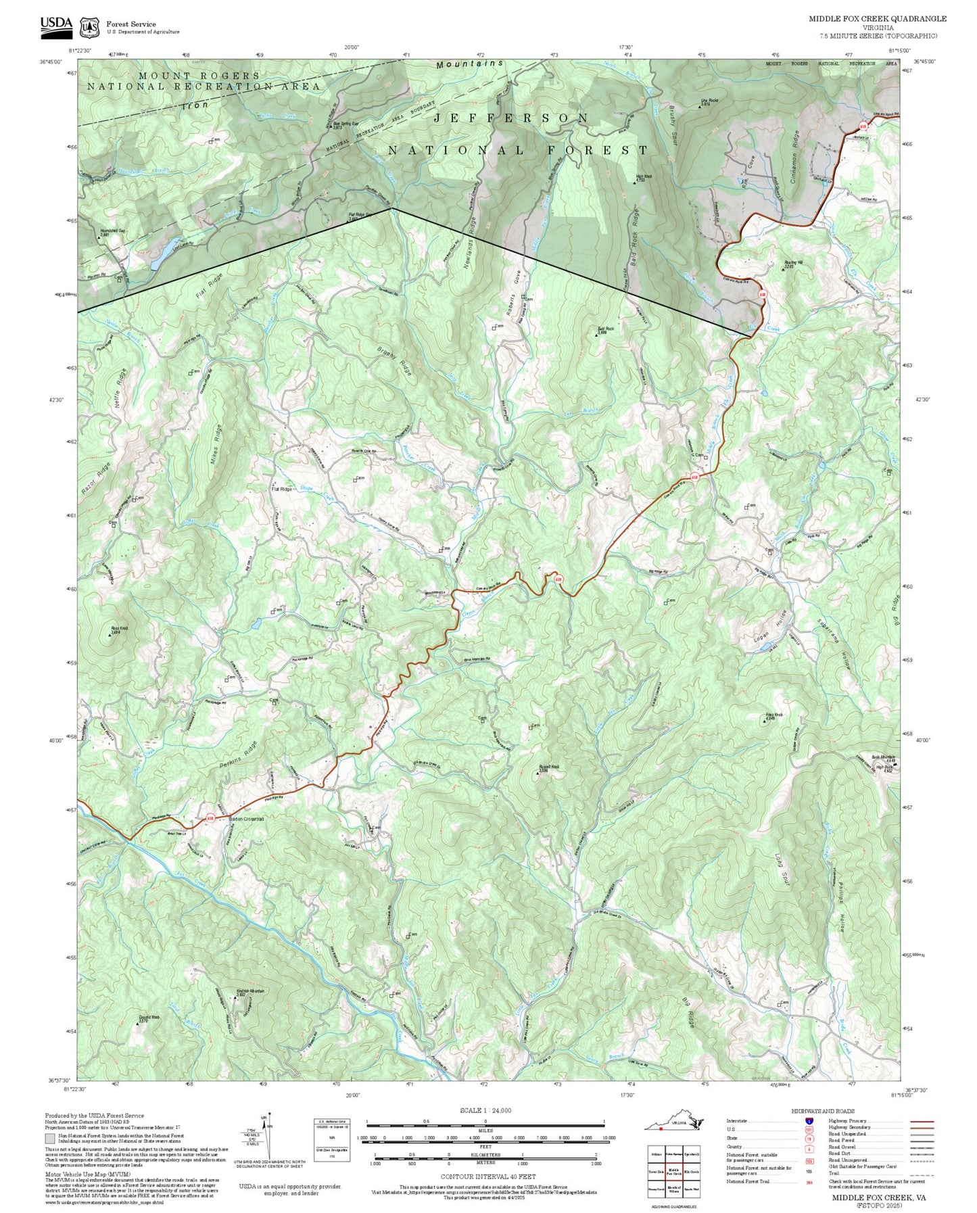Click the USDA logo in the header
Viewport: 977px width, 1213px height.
click(56, 24)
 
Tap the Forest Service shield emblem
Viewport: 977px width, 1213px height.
click(89, 28)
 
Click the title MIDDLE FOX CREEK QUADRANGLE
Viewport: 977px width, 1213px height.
click(878, 19)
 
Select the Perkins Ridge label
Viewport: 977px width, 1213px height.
click(229, 758)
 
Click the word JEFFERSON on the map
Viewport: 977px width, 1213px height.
click(512, 118)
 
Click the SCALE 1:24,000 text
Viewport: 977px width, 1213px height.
click(485, 1110)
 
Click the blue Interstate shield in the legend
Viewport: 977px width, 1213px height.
click(809, 1121)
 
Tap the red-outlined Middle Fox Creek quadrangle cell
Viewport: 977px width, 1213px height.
click(673, 1171)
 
